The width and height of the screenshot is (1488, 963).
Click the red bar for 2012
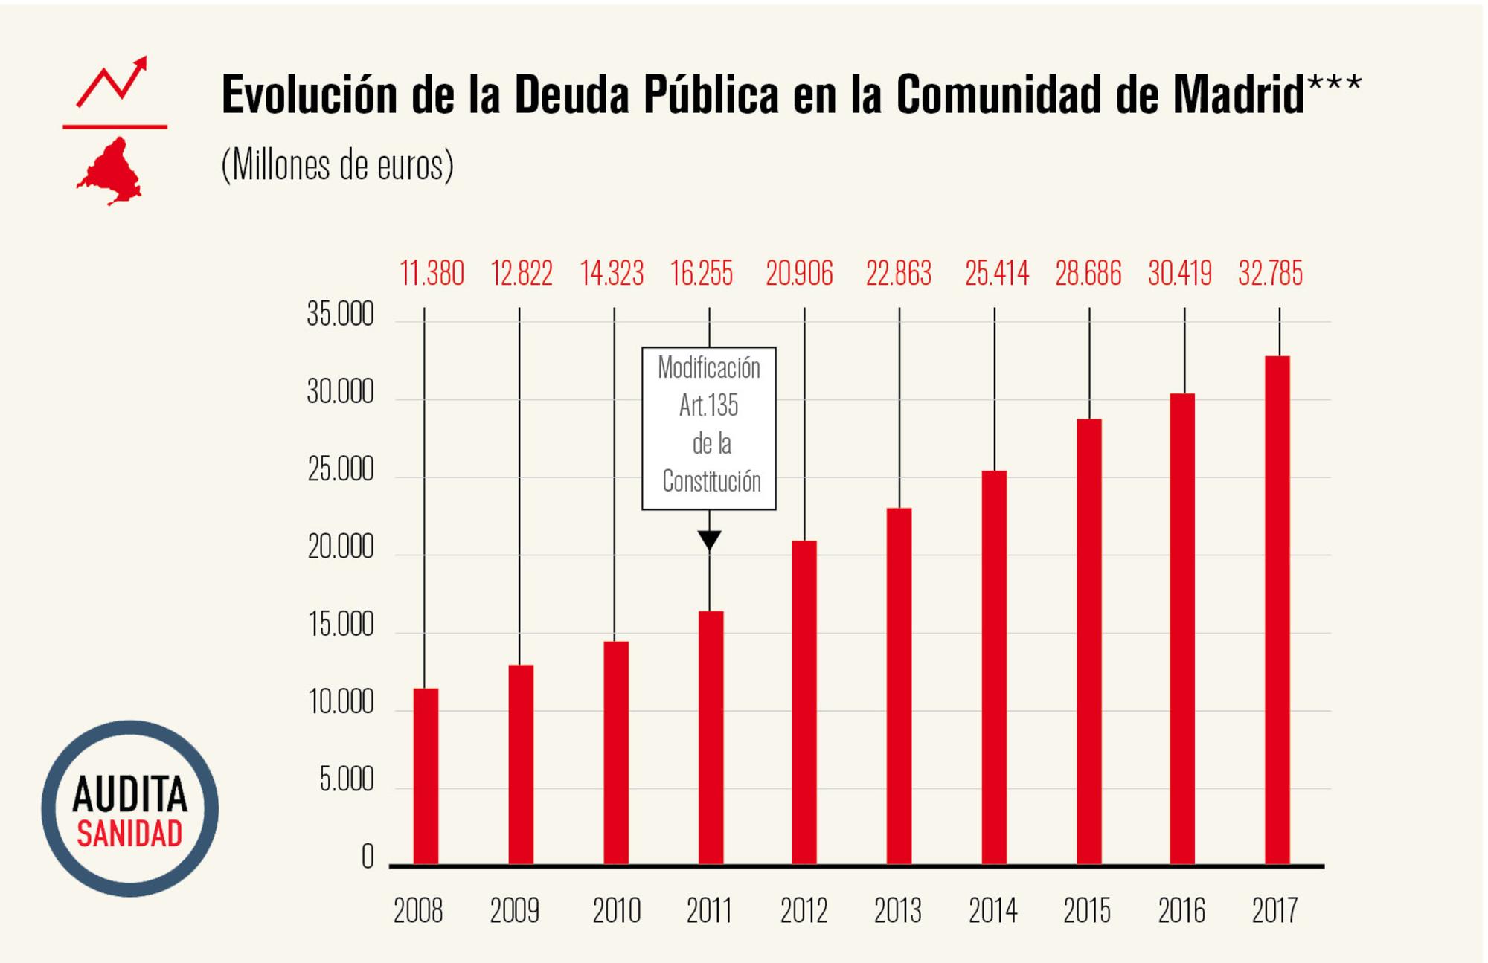[804, 702]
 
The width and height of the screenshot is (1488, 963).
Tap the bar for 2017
[1277, 610]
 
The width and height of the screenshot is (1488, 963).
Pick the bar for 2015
[1088, 641]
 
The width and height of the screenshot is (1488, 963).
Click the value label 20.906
[799, 274]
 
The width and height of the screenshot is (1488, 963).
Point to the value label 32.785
[1270, 274]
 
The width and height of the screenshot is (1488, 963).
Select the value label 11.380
[432, 274]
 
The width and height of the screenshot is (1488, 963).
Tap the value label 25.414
[996, 274]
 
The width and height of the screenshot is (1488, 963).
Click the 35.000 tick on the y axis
[340, 315]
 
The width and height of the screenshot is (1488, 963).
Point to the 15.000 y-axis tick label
[340, 625]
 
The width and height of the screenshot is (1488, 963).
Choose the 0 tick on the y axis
[368, 857]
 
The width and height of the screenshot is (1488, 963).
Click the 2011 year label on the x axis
[708, 910]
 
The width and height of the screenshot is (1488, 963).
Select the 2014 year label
[992, 910]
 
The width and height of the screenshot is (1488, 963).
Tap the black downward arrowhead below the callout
[709, 540]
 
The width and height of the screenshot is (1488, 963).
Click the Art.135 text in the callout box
[708, 406]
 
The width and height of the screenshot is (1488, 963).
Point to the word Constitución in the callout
[711, 482]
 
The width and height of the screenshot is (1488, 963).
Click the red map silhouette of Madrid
[110, 173]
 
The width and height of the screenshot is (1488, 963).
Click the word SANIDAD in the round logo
[129, 834]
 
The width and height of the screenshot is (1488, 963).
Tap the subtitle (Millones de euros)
[337, 165]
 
